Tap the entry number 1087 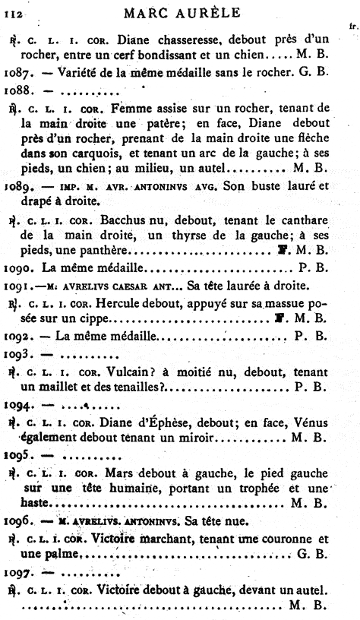(x=17, y=71)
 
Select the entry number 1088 (x=17, y=90)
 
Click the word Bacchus (x=114, y=220)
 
